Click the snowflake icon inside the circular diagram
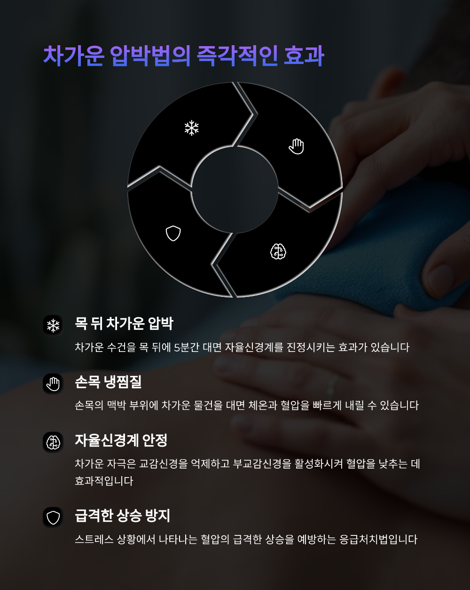191,128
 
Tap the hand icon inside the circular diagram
297,146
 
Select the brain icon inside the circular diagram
278,252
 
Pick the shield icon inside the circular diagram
173,233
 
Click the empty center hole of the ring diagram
235,190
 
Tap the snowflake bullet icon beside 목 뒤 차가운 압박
53,325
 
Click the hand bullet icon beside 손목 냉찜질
53,383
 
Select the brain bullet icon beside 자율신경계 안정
53,442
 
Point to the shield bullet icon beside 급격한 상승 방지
53,518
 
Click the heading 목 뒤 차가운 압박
124,324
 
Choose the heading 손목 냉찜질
108,382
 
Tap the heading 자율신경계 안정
121,440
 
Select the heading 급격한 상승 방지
122,516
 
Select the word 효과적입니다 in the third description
104,481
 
